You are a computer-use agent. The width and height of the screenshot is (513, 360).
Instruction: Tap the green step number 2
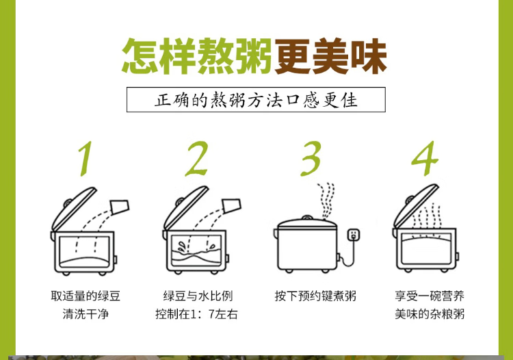coord(197,159)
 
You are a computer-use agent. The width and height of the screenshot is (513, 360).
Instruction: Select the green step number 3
coord(311,159)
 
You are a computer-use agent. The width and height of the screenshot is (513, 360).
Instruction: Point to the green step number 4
coord(425,159)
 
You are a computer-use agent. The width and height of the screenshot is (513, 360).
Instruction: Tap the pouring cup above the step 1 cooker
coord(120,206)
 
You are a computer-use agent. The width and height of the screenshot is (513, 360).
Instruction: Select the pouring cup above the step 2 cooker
coord(231,205)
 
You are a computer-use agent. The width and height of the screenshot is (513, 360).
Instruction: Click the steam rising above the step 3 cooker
coord(326,201)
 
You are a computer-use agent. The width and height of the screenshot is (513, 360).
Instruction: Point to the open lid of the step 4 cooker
coord(415,206)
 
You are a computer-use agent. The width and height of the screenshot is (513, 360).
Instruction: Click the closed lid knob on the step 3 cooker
coord(306,218)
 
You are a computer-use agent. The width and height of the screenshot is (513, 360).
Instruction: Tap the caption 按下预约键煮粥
coord(315,296)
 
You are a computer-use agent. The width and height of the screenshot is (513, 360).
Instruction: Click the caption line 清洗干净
coord(85,314)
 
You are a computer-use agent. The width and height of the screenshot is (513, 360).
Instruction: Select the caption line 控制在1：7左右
coord(196,314)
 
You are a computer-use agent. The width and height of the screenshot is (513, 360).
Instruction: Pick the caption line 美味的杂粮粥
coord(430,314)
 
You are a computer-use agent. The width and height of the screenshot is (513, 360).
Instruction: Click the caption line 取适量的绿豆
coord(85,296)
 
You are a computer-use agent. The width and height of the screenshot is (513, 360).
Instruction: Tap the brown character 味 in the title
coord(369,55)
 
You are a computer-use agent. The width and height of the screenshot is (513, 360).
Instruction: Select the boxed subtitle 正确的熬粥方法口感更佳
coord(256,99)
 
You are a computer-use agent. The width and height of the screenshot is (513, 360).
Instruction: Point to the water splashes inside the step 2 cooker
coord(196,246)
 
